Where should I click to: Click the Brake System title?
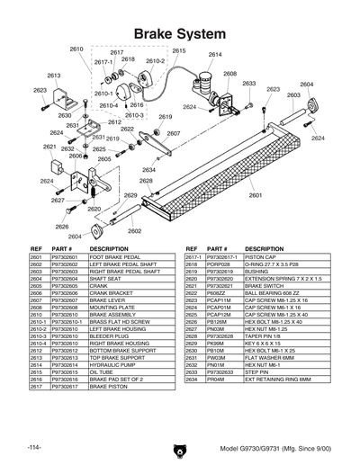click(x=180, y=33)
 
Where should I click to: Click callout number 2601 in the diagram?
click(x=256, y=195)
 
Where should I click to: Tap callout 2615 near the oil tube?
click(x=178, y=51)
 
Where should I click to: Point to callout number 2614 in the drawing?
click(x=215, y=55)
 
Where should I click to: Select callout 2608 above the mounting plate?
click(x=229, y=75)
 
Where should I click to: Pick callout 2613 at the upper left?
click(x=53, y=76)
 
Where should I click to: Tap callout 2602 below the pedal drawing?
click(x=134, y=230)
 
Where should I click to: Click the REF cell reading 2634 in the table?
click(x=191, y=378)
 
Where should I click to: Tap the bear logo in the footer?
click(x=180, y=447)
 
